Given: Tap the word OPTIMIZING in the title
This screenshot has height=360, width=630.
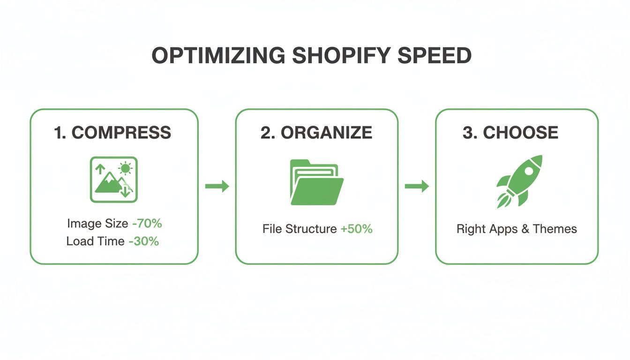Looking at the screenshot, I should (218, 56).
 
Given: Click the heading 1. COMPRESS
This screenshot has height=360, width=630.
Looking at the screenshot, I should (112, 133).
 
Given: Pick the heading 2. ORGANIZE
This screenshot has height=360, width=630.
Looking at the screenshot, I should (316, 133).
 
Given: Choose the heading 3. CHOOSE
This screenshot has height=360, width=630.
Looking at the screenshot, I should (510, 133).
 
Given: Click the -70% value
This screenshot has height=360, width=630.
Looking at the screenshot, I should (147, 224).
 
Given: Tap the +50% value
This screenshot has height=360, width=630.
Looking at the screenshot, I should (356, 229).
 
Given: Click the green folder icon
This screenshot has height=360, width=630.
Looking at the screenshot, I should (316, 182).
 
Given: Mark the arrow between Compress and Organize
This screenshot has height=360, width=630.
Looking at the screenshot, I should (217, 187).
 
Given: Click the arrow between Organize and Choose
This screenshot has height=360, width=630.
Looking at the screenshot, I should (417, 187).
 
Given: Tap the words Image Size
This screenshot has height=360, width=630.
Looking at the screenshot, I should (97, 224).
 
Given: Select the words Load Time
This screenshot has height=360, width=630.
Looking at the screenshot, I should (96, 241).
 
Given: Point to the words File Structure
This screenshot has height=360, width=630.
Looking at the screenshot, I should (300, 229).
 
